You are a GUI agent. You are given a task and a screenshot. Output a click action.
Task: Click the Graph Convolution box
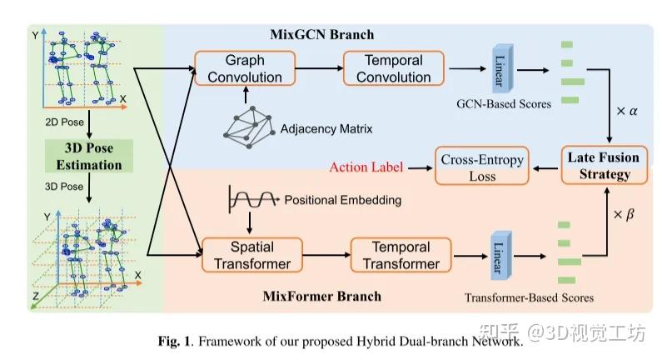tap(245, 68)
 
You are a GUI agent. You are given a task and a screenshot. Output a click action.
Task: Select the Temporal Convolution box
tap(394, 68)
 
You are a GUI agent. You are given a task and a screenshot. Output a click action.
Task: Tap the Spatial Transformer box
tap(252, 255)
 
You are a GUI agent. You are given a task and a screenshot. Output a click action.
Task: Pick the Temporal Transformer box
tap(401, 255)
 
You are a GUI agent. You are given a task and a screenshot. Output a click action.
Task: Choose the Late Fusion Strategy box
tap(605, 165)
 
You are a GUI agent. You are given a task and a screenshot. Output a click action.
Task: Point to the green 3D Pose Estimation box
tap(89, 156)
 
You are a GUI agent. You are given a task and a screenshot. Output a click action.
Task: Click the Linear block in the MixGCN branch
tap(503, 68)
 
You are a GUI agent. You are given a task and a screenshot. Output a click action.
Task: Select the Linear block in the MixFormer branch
tap(501, 255)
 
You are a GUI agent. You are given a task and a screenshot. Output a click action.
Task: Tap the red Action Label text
tap(366, 167)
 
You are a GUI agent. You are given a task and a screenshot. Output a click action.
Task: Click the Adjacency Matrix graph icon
tap(248, 127)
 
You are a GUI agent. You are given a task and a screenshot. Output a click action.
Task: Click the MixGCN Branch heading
tap(322, 34)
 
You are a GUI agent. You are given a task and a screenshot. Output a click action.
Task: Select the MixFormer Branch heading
tap(322, 296)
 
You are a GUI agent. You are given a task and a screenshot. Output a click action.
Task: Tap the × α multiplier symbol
tap(627, 111)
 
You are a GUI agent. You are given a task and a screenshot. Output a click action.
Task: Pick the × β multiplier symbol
tap(624, 214)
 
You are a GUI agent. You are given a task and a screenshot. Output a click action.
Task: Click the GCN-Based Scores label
tap(504, 104)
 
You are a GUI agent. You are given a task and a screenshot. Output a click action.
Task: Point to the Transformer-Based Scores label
tap(529, 297)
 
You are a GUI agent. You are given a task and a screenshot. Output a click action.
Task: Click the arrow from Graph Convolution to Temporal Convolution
tap(319, 68)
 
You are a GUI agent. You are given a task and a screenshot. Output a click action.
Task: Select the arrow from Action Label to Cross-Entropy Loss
tap(421, 168)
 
